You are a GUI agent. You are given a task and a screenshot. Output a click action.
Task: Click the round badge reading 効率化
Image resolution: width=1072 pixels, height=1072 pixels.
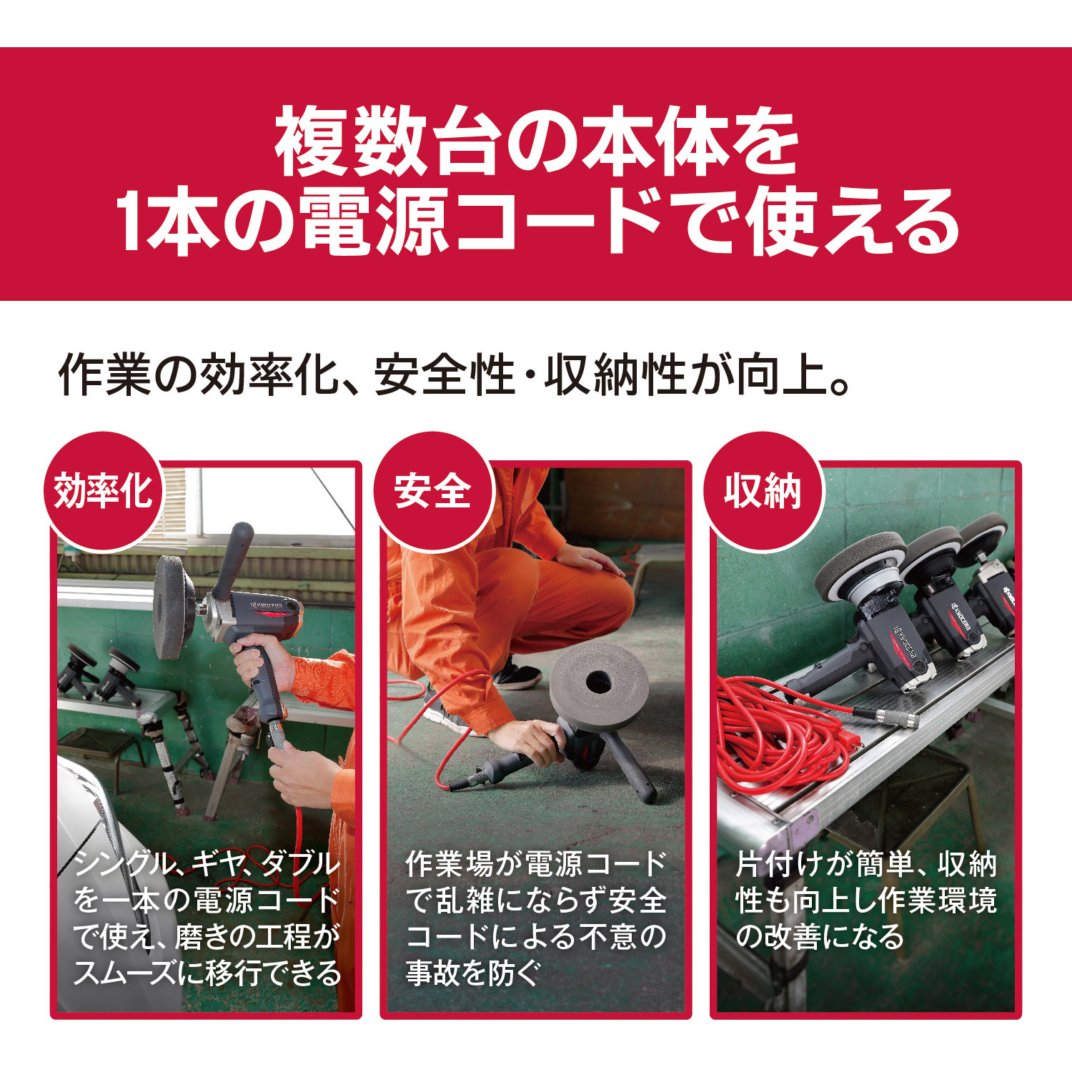[x=103, y=492]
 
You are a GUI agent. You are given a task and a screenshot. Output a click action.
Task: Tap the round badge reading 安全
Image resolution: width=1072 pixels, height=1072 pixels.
[x=433, y=492]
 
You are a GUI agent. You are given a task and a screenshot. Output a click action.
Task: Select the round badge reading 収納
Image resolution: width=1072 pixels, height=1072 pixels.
[x=763, y=492]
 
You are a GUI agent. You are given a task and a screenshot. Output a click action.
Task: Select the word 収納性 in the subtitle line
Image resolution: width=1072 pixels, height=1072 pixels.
[x=615, y=374]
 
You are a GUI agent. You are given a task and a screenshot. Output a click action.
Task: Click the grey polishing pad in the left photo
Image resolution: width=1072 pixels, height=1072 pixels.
[x=174, y=607]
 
